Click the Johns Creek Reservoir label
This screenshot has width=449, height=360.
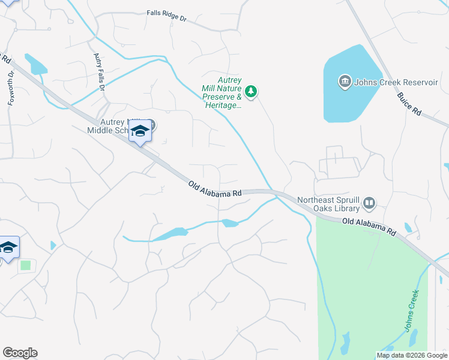tap(396, 82)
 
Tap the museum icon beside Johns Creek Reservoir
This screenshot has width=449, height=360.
tap(345, 82)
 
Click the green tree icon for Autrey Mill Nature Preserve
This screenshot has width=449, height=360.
tap(252, 91)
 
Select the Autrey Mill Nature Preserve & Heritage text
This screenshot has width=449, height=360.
tap(221, 92)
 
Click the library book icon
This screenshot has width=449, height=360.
tap(369, 205)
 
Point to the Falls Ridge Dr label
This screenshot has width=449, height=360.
tap(167, 16)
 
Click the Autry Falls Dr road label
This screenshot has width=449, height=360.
tap(100, 71)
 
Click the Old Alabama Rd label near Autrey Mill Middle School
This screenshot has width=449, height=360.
tap(214, 190)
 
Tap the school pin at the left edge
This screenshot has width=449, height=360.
tap(8, 248)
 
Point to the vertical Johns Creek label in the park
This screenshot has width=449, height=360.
tap(410, 317)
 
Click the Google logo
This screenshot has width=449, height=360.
tap(20, 352)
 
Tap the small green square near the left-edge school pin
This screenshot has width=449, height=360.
tap(25, 265)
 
